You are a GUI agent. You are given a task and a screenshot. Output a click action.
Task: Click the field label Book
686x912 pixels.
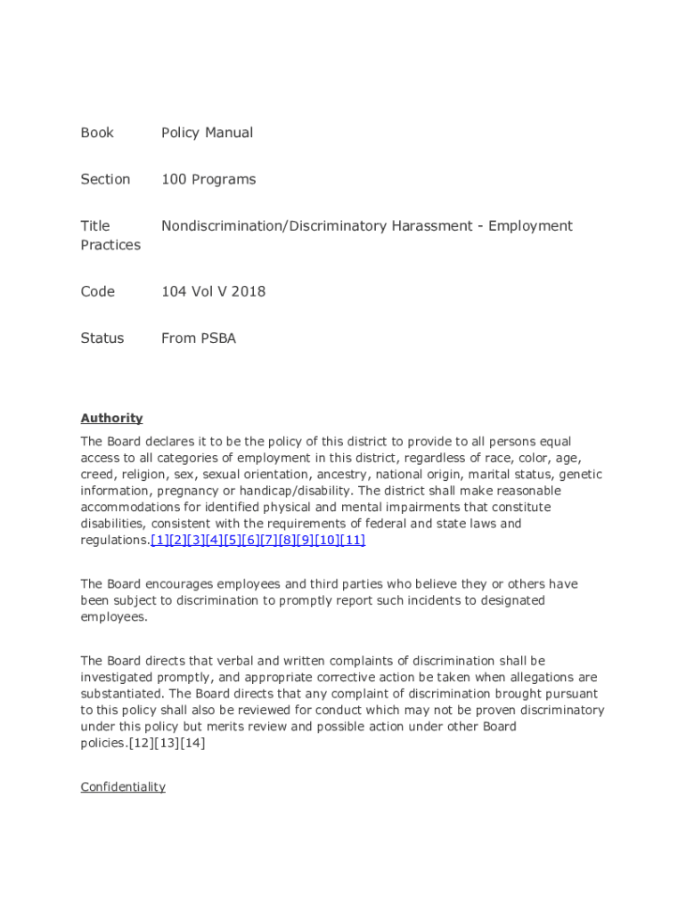click(x=97, y=133)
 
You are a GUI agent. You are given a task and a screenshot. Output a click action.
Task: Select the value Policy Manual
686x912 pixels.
click(x=207, y=133)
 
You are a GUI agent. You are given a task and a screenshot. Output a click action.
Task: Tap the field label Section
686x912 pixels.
click(x=105, y=179)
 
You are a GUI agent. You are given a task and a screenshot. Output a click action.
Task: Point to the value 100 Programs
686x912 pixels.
click(x=208, y=179)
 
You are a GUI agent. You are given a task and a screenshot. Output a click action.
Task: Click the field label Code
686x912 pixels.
click(x=97, y=291)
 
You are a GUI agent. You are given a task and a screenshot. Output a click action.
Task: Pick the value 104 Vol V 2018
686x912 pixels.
click(x=213, y=291)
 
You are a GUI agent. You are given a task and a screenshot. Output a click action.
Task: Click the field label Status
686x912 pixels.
click(x=102, y=338)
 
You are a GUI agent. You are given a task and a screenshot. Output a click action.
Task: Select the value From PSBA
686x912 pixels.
click(x=199, y=338)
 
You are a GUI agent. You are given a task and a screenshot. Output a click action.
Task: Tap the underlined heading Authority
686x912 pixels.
click(x=111, y=418)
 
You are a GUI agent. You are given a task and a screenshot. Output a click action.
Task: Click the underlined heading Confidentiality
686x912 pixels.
click(x=123, y=787)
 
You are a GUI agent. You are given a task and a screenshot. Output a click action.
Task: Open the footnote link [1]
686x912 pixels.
click(x=160, y=540)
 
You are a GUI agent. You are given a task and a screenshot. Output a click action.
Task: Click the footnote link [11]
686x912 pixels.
click(x=353, y=540)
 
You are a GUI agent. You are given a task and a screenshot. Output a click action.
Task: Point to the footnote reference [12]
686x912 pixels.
click(x=143, y=743)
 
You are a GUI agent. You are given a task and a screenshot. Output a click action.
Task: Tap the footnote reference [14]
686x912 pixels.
click(x=192, y=743)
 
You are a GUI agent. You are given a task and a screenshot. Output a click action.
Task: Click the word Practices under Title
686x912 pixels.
click(x=110, y=245)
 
